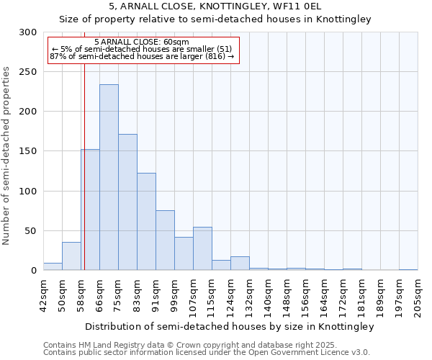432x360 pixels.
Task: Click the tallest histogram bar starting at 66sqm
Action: (109, 177)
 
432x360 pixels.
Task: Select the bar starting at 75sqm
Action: (127, 202)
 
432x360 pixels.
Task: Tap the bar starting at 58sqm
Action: (91, 210)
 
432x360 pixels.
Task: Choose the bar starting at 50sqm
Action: (71, 256)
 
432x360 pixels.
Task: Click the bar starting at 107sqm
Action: (202, 248)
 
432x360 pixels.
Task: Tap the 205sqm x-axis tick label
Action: (418, 293)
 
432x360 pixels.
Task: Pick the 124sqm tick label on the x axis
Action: (230, 294)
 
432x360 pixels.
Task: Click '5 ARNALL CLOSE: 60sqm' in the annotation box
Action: (142, 42)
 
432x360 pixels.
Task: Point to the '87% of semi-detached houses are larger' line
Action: (142, 56)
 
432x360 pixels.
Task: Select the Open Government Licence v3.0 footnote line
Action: (207, 353)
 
